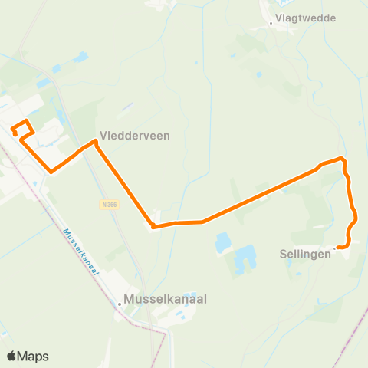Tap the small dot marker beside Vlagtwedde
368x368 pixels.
pos(271,24)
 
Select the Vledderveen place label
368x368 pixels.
pos(135,135)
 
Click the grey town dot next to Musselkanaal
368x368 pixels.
pos(120,304)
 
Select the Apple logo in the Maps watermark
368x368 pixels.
pos(12,356)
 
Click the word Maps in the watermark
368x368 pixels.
pos(34,356)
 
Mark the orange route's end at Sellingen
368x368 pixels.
pos(337,247)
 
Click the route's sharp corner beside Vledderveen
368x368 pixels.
pos(95,142)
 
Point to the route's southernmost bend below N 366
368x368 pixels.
pos(153,227)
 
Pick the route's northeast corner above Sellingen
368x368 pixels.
pos(343,159)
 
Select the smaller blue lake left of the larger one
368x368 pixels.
pos(223,245)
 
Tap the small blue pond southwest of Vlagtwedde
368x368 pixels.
pos(259,75)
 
